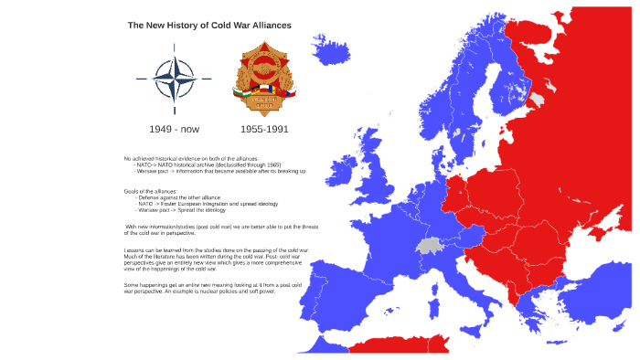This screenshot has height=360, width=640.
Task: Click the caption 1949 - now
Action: [174, 129]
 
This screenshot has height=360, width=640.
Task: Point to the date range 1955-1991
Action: [264, 129]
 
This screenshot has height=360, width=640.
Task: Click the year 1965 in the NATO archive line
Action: [299, 164]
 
